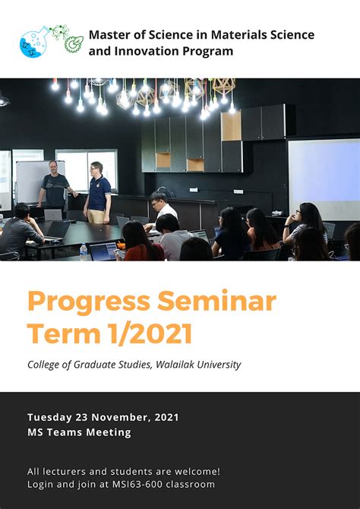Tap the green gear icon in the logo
point(74,43)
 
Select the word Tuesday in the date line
point(49,417)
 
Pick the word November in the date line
point(118,417)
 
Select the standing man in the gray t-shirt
point(55,186)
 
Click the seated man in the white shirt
point(161,209)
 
